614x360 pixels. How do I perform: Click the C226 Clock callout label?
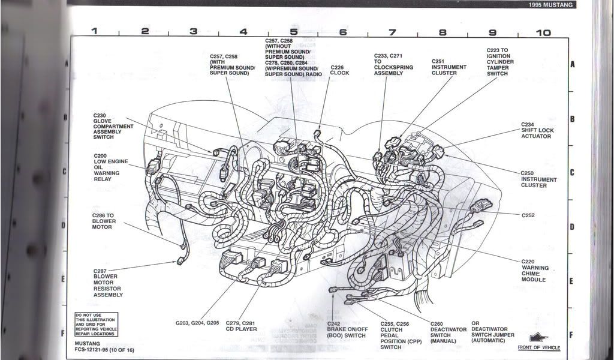click(339, 70)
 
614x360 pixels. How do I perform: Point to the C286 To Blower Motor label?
click(104, 221)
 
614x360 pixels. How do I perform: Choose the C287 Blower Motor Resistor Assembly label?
click(108, 283)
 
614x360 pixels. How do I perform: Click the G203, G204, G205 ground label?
click(197, 323)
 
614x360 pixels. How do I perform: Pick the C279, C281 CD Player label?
click(242, 326)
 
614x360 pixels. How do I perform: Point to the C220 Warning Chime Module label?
click(535, 271)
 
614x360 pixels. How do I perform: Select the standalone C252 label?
click(528, 215)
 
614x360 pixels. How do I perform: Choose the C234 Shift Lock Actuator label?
click(535, 130)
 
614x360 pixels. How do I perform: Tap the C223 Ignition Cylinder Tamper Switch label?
click(500, 62)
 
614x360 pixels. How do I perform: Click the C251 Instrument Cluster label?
click(444, 67)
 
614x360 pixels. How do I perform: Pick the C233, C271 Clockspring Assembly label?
click(393, 67)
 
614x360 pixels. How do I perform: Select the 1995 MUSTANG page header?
click(550, 5)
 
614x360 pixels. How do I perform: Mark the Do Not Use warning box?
click(95, 325)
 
